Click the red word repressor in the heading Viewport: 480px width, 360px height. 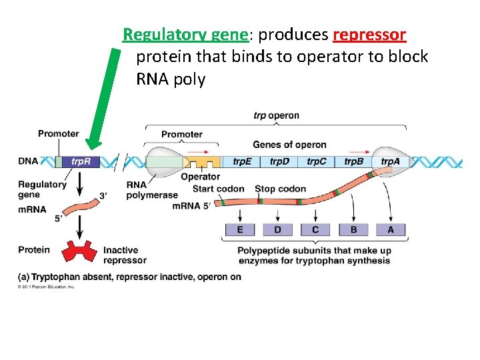(x=369, y=34)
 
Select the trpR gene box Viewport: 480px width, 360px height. (x=82, y=161)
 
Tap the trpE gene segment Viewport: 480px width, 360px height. (x=243, y=161)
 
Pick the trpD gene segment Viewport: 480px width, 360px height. (x=280, y=161)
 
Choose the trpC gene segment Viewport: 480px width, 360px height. (x=317, y=161)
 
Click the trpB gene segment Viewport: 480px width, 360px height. (x=354, y=161)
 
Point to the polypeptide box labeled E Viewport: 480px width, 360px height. (x=239, y=229)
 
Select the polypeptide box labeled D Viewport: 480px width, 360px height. (x=277, y=229)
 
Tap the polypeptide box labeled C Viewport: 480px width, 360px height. (x=315, y=229)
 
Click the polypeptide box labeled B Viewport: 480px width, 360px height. (x=353, y=229)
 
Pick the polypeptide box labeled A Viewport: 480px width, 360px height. (x=391, y=229)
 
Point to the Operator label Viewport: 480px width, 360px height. (x=200, y=177)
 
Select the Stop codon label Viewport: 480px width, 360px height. (x=280, y=189)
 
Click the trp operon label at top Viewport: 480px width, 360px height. (x=276, y=115)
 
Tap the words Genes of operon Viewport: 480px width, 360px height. (x=289, y=145)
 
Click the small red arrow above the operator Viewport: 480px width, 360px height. (x=198, y=151)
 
